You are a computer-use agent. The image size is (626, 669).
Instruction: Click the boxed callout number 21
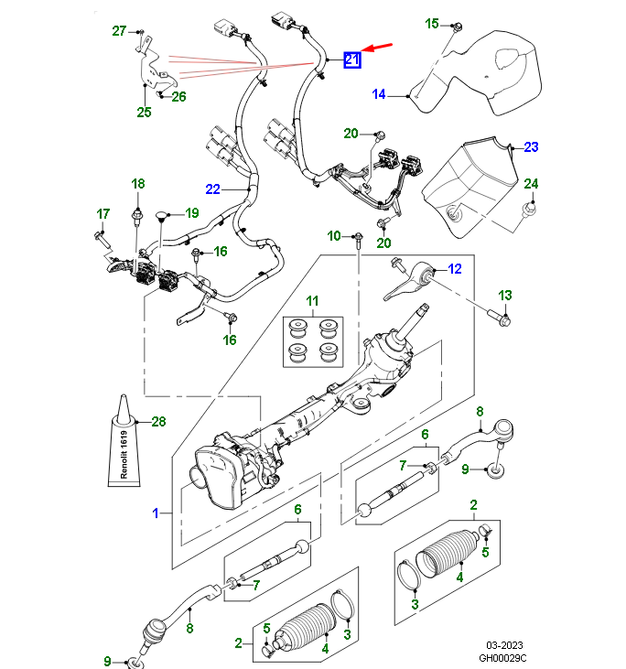(352, 60)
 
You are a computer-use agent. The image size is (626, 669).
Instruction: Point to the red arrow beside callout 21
(376, 47)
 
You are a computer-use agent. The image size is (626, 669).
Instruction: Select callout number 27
(119, 32)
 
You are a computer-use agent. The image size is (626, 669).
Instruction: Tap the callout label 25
(144, 113)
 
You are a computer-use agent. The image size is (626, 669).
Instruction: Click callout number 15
(433, 24)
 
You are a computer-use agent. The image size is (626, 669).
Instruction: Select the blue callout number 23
(532, 146)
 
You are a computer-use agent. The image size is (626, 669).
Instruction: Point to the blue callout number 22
(212, 189)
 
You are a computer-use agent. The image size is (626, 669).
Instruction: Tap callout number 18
(137, 185)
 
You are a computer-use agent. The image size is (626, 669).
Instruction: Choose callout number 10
(334, 237)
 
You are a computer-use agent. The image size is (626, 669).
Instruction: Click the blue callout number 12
(455, 269)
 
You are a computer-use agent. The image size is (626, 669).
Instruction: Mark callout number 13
(506, 295)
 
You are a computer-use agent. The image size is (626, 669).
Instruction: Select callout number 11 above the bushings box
(312, 301)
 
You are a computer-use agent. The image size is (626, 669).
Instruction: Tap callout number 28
(158, 422)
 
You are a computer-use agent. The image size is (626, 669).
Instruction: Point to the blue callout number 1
(155, 513)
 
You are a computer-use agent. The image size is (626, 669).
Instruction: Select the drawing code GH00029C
(503, 658)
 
